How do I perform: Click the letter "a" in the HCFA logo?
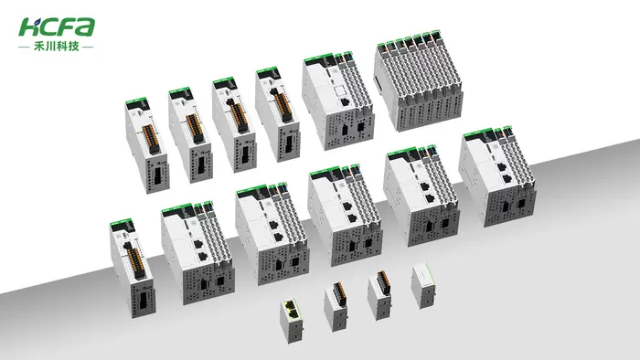tap(85, 26)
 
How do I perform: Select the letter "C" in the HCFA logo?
tap(47, 27)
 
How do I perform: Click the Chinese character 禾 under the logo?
tap(38, 47)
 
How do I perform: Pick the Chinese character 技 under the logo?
tap(73, 47)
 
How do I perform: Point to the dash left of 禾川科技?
tap(24, 47)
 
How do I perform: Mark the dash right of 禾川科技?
tap(88, 47)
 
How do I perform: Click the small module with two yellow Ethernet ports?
tap(292, 322)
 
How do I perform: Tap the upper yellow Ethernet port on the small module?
tap(293, 305)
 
